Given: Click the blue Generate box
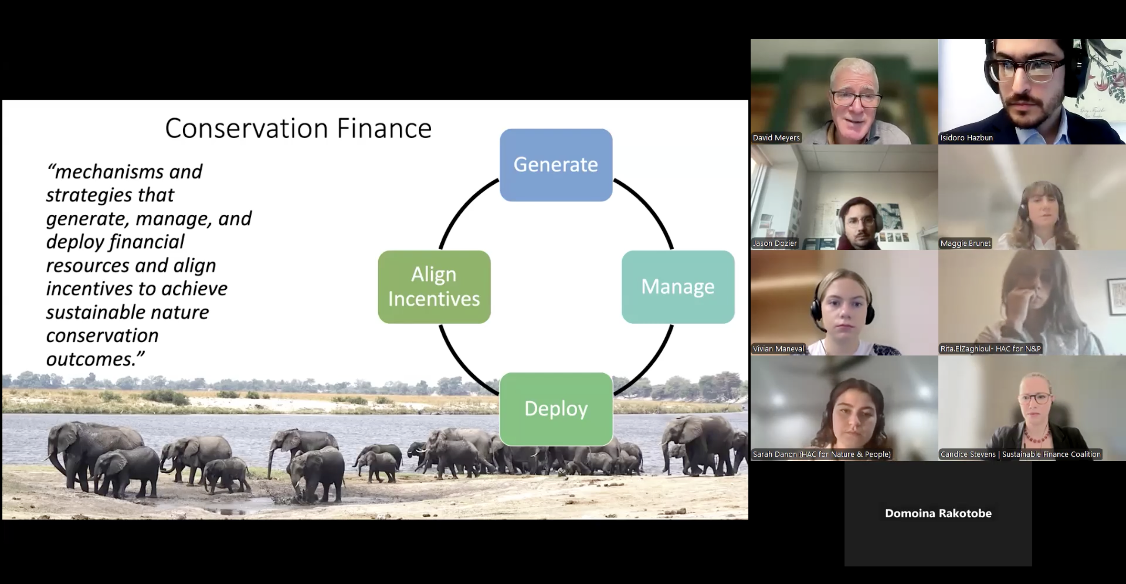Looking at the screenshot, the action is pos(556,165).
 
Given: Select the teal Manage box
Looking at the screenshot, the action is pos(678,287).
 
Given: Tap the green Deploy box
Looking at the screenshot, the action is pos(556,409).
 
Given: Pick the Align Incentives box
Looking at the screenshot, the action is pos(434,287).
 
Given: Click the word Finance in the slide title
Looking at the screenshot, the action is pos(384,129).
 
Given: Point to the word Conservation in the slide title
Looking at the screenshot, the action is pos(247,129).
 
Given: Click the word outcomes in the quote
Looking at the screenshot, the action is pos(92,359).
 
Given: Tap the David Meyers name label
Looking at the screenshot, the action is pos(776,138).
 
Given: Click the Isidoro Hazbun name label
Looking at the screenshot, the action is pos(966,138).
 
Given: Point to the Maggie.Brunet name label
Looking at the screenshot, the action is pos(965,243).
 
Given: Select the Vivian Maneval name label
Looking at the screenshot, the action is pos(778,349).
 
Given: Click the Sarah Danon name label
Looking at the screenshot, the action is pos(822,454).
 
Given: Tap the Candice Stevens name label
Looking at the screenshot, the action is pos(1020,454).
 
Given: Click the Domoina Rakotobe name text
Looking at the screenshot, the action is pos(938,513).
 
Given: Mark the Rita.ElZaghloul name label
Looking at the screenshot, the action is pos(990,349).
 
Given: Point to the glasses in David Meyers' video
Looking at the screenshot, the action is pos(856,99).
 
